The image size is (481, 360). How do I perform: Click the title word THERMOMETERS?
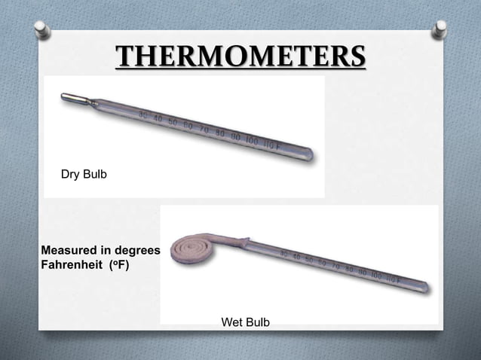[240, 57]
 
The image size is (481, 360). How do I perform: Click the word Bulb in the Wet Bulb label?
[256, 322]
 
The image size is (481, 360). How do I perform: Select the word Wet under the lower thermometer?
[231, 322]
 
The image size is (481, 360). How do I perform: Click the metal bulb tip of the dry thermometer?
[74, 98]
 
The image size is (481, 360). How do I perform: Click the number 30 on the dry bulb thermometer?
[143, 114]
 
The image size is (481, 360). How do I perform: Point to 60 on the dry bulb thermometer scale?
[187, 122]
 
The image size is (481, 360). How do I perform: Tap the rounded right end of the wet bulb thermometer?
[425, 287]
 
